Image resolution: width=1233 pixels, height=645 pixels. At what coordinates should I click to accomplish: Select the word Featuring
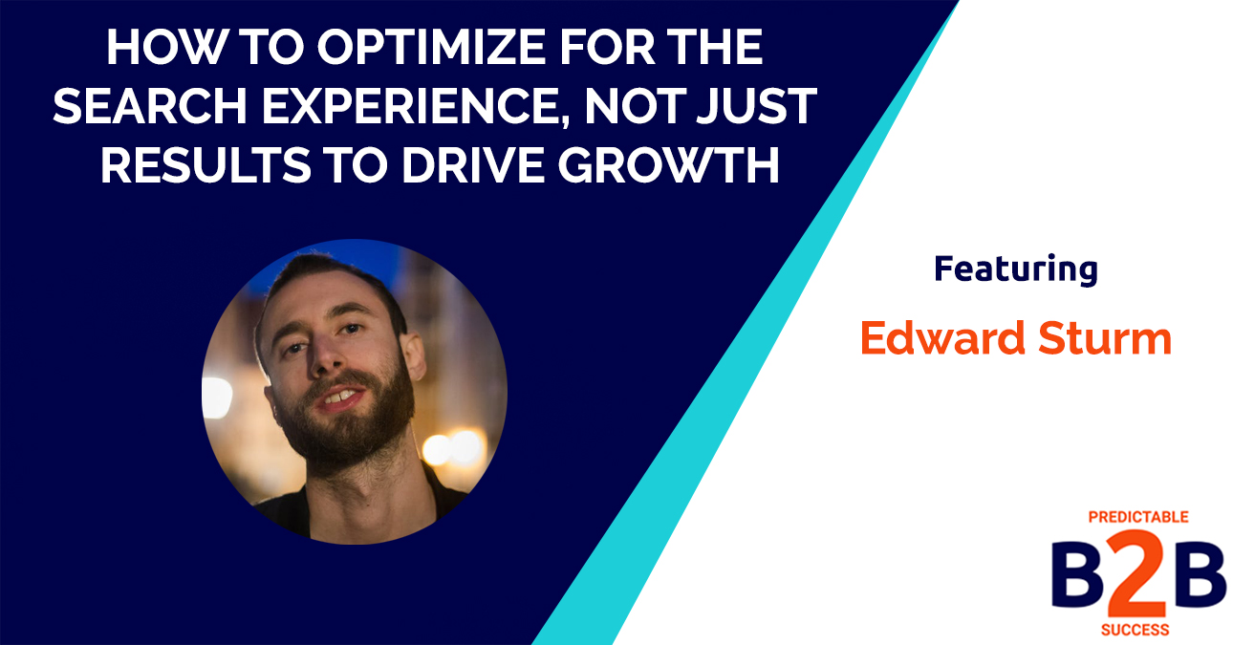click(1015, 270)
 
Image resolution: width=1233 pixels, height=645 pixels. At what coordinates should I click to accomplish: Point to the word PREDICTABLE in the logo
click(1137, 517)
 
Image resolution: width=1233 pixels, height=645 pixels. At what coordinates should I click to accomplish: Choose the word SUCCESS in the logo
click(1137, 631)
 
